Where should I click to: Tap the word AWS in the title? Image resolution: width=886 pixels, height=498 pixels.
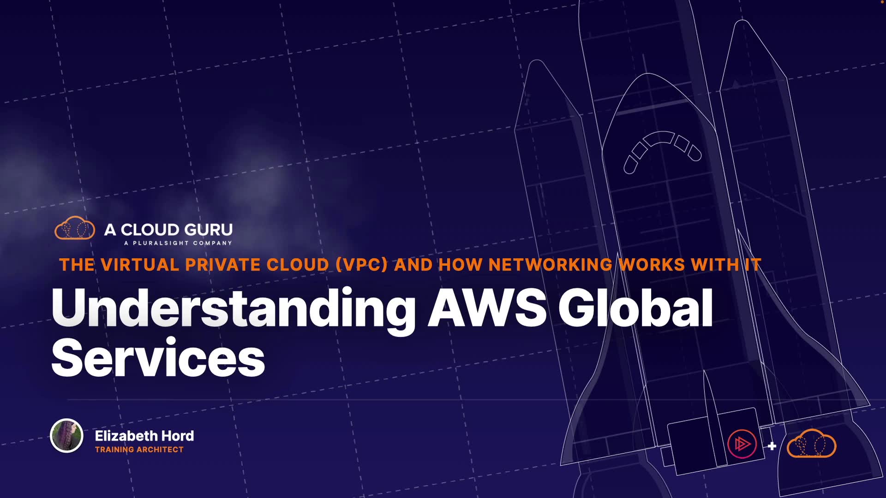487,308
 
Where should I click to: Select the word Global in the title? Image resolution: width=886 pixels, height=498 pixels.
636,308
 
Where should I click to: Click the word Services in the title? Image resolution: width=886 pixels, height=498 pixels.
158,359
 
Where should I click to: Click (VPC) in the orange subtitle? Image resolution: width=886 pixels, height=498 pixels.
361,265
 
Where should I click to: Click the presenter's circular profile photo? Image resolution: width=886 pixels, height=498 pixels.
66,435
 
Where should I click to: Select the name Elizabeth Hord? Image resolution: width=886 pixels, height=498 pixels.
144,436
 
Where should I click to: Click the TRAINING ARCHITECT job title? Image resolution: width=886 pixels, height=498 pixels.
139,450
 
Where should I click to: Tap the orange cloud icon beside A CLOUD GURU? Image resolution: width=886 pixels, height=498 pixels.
75,228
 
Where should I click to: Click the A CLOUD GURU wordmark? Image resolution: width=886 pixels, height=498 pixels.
168,230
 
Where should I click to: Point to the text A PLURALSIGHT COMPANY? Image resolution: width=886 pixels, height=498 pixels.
178,243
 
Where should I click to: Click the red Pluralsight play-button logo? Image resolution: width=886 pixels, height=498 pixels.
742,444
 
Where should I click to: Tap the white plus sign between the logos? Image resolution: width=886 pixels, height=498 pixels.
772,446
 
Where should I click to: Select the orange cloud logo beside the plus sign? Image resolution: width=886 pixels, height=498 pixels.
811,444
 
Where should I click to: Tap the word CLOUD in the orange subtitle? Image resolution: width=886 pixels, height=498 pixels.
298,265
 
